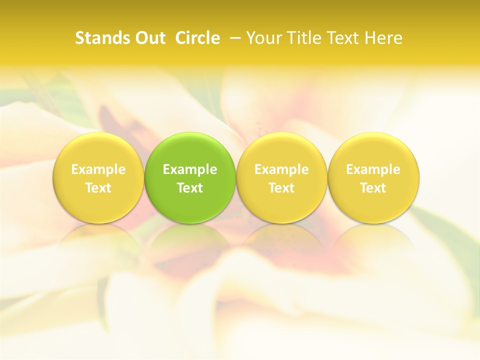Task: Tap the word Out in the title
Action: click(148, 38)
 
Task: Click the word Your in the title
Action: click(263, 38)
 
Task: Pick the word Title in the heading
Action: click(302, 38)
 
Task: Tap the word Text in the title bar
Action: click(341, 38)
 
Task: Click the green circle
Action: click(190, 150)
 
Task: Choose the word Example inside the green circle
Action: click(190, 169)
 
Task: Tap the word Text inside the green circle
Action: click(190, 188)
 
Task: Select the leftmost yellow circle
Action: click(98, 150)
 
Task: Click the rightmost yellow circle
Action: click(373, 150)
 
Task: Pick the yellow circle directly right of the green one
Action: click(281, 150)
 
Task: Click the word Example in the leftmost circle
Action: click(98, 169)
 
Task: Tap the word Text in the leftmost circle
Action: click(98, 188)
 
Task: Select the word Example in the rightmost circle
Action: click(373, 169)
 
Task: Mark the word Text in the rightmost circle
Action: click(373, 188)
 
